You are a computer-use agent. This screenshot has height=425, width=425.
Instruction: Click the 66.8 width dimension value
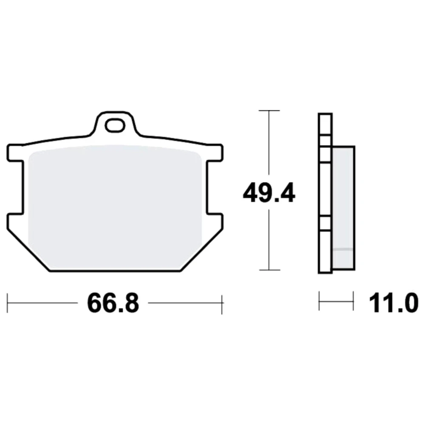(x=113, y=303)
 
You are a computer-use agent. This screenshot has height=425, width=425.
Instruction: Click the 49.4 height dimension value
(x=269, y=193)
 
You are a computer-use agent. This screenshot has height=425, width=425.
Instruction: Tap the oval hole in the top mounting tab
(x=115, y=126)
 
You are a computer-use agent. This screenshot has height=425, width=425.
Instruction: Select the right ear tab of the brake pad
(x=215, y=153)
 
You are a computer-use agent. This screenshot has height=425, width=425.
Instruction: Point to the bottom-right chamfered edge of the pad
(x=201, y=250)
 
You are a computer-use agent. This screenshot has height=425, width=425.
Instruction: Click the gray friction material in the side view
(x=343, y=208)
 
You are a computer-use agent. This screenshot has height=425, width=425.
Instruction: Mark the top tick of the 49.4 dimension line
(x=269, y=110)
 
